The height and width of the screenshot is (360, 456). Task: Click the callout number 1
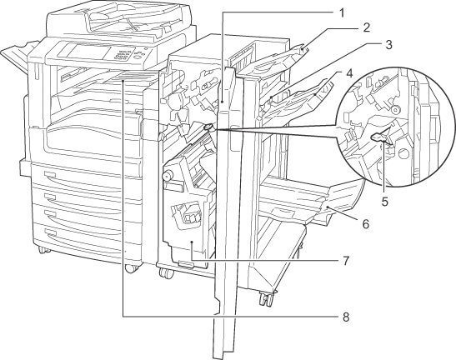click(342, 12)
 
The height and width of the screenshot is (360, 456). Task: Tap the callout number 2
click(367, 27)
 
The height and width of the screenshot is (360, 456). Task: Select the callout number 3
click(388, 44)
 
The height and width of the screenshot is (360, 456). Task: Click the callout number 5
click(385, 202)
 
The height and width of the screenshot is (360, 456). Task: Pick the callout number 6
click(366, 224)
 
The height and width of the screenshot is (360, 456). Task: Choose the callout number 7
click(345, 261)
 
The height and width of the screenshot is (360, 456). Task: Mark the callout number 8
click(345, 317)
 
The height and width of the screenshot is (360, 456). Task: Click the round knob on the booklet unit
click(167, 175)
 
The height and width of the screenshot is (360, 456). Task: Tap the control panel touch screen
click(84, 51)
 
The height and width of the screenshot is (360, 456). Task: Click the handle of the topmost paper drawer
click(50, 174)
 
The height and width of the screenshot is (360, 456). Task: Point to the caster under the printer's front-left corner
click(43, 250)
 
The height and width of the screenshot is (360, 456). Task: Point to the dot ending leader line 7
click(192, 242)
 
